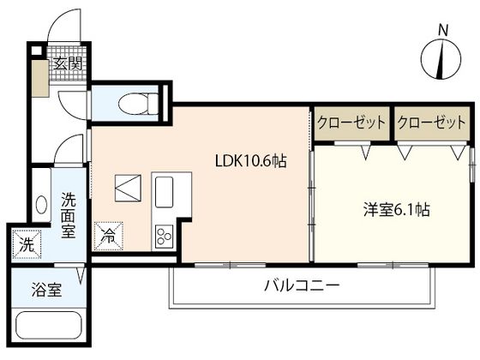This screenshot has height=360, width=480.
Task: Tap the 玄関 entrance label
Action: [x=68, y=64]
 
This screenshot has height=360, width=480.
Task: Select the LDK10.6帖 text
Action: [x=250, y=160]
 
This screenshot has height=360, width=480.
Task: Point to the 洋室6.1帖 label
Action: [x=396, y=210]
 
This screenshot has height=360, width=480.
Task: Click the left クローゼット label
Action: [x=351, y=123]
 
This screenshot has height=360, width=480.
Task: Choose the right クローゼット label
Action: [x=431, y=123]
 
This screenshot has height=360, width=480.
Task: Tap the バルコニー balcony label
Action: [x=302, y=285]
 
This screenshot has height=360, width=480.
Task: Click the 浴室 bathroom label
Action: [x=46, y=290]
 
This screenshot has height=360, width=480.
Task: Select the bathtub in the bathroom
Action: [x=49, y=325]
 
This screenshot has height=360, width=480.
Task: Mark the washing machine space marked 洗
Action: [x=27, y=244]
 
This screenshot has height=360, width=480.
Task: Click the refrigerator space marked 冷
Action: [x=108, y=236]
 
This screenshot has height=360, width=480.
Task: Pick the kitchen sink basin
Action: [x=164, y=192]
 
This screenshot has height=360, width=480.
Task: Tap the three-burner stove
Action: [x=164, y=237]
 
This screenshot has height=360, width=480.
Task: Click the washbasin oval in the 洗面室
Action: [x=41, y=205]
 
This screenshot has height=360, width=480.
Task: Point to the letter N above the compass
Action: [x=443, y=30]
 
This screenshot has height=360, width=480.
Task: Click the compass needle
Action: [x=441, y=59]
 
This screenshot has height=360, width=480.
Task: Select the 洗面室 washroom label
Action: [x=69, y=215]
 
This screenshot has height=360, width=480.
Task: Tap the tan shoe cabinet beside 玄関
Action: [x=40, y=79]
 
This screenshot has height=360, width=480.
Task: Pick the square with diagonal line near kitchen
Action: [x=128, y=188]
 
